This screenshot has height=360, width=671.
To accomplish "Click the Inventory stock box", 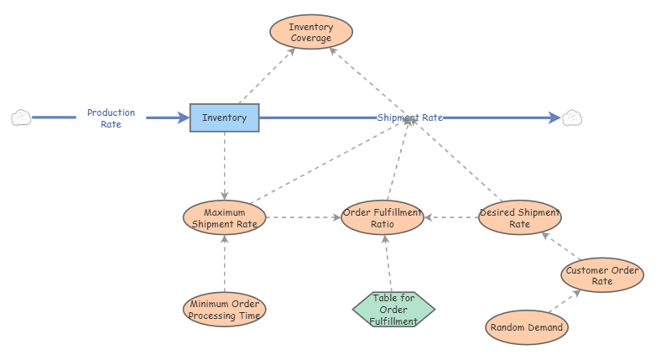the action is [x=224, y=117].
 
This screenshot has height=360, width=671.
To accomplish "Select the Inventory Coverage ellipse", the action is [x=311, y=32].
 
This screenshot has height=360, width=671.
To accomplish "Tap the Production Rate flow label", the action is [x=111, y=118].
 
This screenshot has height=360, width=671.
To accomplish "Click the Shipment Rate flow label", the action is [x=409, y=117].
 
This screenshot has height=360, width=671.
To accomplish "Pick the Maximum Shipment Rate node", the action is [x=224, y=218].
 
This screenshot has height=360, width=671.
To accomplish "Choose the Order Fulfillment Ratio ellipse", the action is [x=382, y=218].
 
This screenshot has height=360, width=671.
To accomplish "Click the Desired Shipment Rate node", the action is [x=519, y=218].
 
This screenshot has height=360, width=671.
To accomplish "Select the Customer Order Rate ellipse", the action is [x=602, y=275].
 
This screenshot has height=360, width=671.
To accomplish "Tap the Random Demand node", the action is [x=527, y=327].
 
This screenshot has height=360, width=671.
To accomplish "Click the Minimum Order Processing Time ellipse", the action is [x=224, y=310].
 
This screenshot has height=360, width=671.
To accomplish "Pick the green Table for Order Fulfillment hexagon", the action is [x=393, y=310].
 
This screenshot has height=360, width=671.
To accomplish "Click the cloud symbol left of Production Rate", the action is [x=21, y=117].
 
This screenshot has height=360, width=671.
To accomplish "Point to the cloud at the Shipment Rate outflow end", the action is [x=572, y=117].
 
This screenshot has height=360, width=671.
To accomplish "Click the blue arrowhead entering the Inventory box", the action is [x=184, y=117].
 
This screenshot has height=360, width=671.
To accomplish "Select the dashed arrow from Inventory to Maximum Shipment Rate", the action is [x=224, y=166].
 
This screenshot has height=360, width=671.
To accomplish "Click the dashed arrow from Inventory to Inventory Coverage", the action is [x=267, y=76].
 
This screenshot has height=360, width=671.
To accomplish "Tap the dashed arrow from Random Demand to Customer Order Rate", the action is [x=564, y=301].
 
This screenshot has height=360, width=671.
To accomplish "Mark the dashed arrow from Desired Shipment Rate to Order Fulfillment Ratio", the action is [x=451, y=218].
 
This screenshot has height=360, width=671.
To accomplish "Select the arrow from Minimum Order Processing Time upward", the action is [x=224, y=263].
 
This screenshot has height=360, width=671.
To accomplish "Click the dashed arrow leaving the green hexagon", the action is [x=388, y=263].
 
